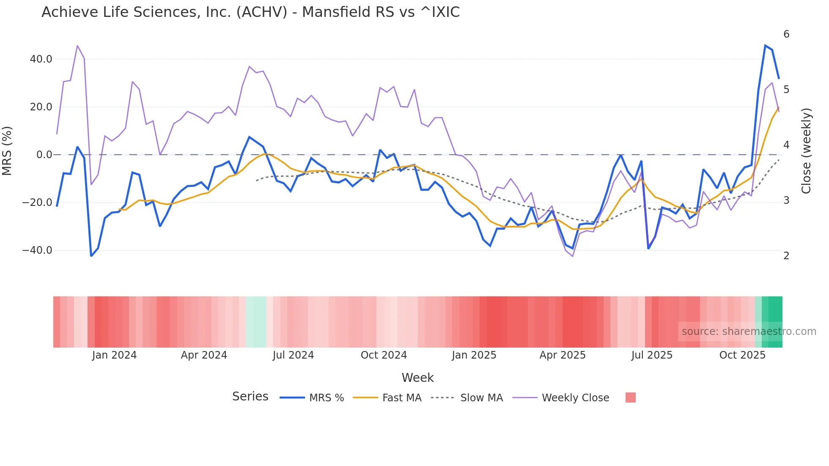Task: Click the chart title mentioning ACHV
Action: pos(250,12)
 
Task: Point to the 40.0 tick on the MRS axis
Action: pos(41,59)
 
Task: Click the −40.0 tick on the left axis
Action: pos(38,250)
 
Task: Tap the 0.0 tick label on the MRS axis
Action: pos(44,155)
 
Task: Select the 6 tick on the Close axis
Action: pos(786,34)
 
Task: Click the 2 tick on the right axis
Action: pos(786,256)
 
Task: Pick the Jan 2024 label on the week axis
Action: pos(114,355)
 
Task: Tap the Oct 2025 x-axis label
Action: pos(742,355)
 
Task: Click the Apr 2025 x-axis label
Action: pos(563,355)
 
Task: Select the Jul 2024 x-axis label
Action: pos(293,355)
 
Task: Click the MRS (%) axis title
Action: pos(7,151)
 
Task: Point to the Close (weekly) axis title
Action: pos(807,151)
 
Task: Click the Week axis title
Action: pos(417,378)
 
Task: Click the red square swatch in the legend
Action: pos(630,397)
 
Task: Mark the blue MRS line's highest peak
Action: pos(765,45)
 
